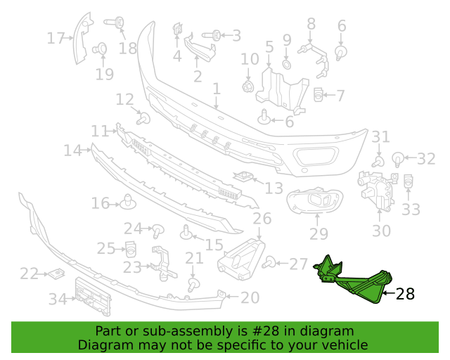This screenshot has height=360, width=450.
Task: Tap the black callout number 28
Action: (405, 294)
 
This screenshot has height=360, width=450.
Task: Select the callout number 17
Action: (56, 38)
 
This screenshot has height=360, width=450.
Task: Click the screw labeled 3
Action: (212, 35)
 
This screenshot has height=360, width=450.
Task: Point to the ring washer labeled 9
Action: (287, 64)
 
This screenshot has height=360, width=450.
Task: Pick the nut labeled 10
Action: (248, 86)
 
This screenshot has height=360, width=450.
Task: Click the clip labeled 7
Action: (318, 95)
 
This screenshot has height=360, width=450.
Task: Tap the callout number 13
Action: (274, 188)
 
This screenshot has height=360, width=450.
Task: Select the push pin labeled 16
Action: (128, 202)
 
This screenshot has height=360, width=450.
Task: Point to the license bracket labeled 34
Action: (93, 297)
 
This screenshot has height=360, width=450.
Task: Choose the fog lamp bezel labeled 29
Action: (315, 200)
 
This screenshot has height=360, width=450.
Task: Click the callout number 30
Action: (381, 231)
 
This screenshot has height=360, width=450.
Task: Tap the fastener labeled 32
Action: (398, 159)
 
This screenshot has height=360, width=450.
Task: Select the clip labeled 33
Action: (408, 181)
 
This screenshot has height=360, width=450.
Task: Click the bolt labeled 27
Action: (269, 262)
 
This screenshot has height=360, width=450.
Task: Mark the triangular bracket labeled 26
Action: (241, 259)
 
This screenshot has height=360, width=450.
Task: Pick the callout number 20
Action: (250, 297)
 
